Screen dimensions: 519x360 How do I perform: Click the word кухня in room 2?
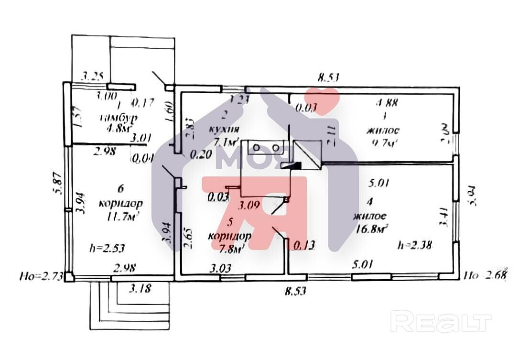click(225, 130)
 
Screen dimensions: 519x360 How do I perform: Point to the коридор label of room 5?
click(230, 236)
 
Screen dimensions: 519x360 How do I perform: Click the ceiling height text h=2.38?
click(415, 245)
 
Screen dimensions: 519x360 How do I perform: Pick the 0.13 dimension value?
click(304, 245)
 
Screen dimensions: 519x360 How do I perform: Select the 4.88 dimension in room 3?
click(387, 102)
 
